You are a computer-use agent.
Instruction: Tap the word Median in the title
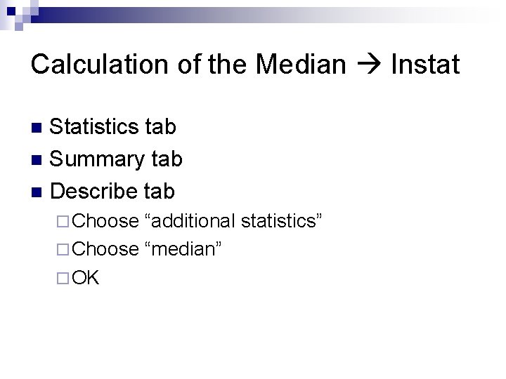pos(301,65)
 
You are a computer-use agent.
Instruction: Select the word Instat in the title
pos(424,65)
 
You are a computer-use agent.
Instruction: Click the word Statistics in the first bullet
pos(94,127)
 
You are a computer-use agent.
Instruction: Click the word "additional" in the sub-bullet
pos(190,221)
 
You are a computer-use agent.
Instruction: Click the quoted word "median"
pos(183,249)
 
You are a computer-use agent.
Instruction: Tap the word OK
pos(86,278)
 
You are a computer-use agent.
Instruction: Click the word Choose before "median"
pos(105,249)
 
